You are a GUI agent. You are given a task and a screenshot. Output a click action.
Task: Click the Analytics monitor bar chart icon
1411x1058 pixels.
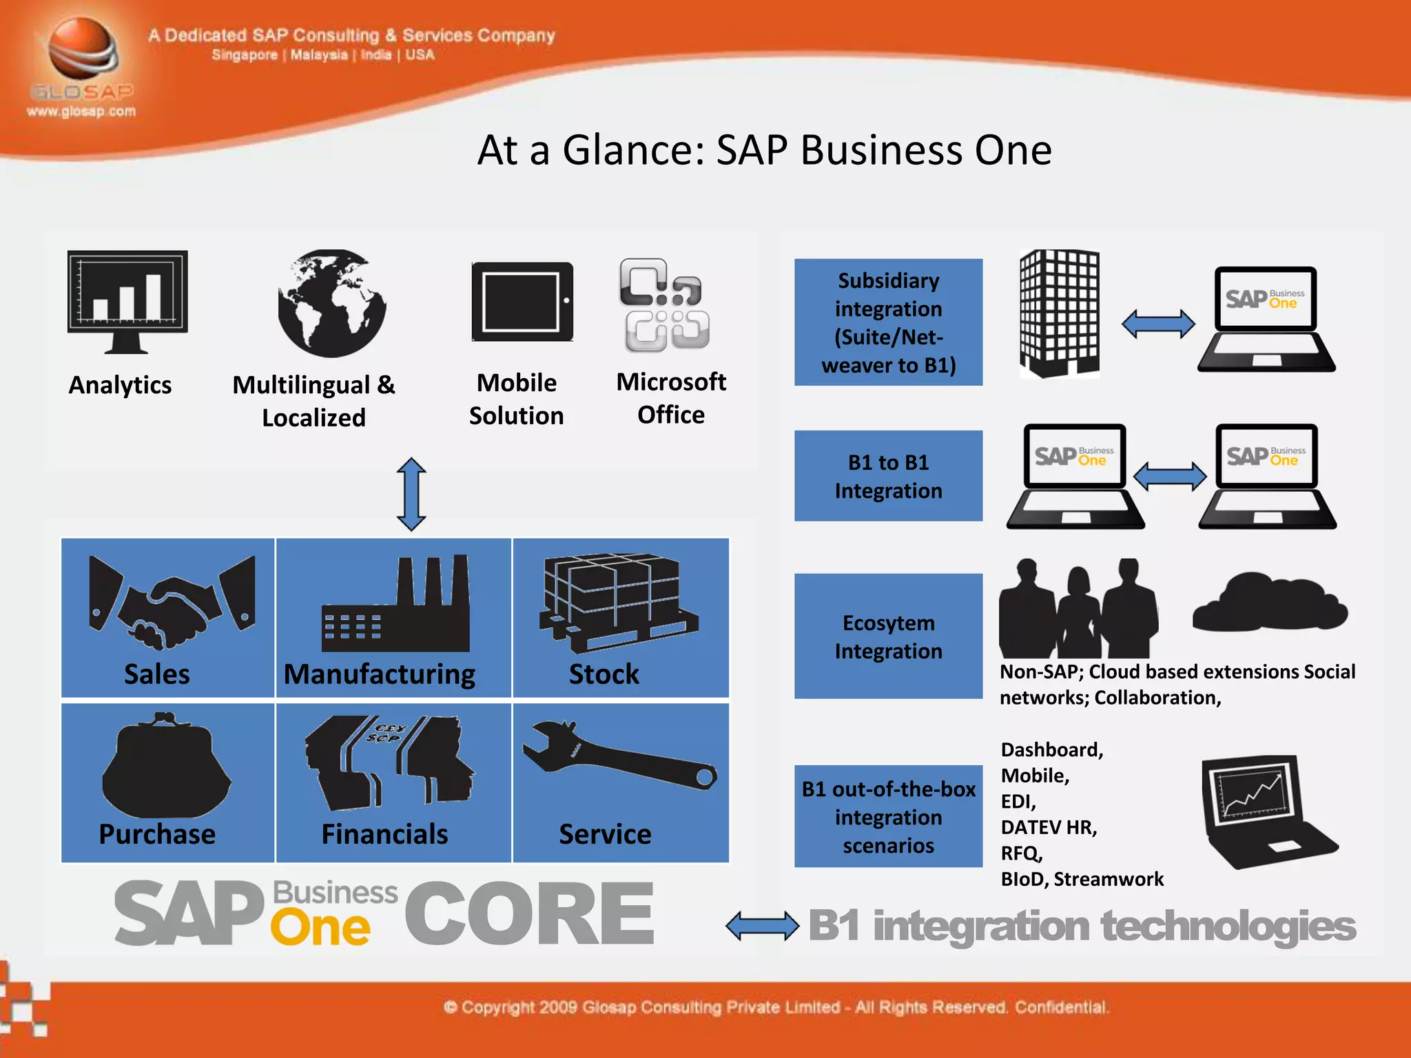(x=127, y=301)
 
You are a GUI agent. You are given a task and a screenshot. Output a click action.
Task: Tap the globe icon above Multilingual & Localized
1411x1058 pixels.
(x=331, y=304)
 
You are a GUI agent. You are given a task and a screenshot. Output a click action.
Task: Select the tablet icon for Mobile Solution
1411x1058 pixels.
(x=522, y=302)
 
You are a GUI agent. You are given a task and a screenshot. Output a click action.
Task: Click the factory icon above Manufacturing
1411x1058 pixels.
(x=396, y=604)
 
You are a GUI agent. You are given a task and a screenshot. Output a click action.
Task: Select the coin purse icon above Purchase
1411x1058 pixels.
(x=165, y=765)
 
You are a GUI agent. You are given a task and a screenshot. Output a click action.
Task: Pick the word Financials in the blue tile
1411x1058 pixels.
(x=384, y=834)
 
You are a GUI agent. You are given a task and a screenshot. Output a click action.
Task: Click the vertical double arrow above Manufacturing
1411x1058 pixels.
(x=411, y=494)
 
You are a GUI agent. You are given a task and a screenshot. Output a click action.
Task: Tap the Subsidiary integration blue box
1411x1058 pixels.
(x=888, y=322)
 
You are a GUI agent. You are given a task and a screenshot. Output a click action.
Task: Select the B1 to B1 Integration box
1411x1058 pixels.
(x=888, y=476)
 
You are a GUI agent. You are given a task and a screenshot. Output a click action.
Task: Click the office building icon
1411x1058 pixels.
(x=1059, y=313)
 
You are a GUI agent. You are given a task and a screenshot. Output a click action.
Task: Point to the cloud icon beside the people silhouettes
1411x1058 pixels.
(x=1269, y=602)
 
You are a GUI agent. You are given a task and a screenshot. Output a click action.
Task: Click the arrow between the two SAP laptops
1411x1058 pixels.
(x=1169, y=476)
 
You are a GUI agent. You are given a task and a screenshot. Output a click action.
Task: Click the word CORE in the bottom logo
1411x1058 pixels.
(x=529, y=914)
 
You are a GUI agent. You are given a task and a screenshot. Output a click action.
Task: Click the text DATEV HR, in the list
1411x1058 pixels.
(x=1049, y=827)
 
